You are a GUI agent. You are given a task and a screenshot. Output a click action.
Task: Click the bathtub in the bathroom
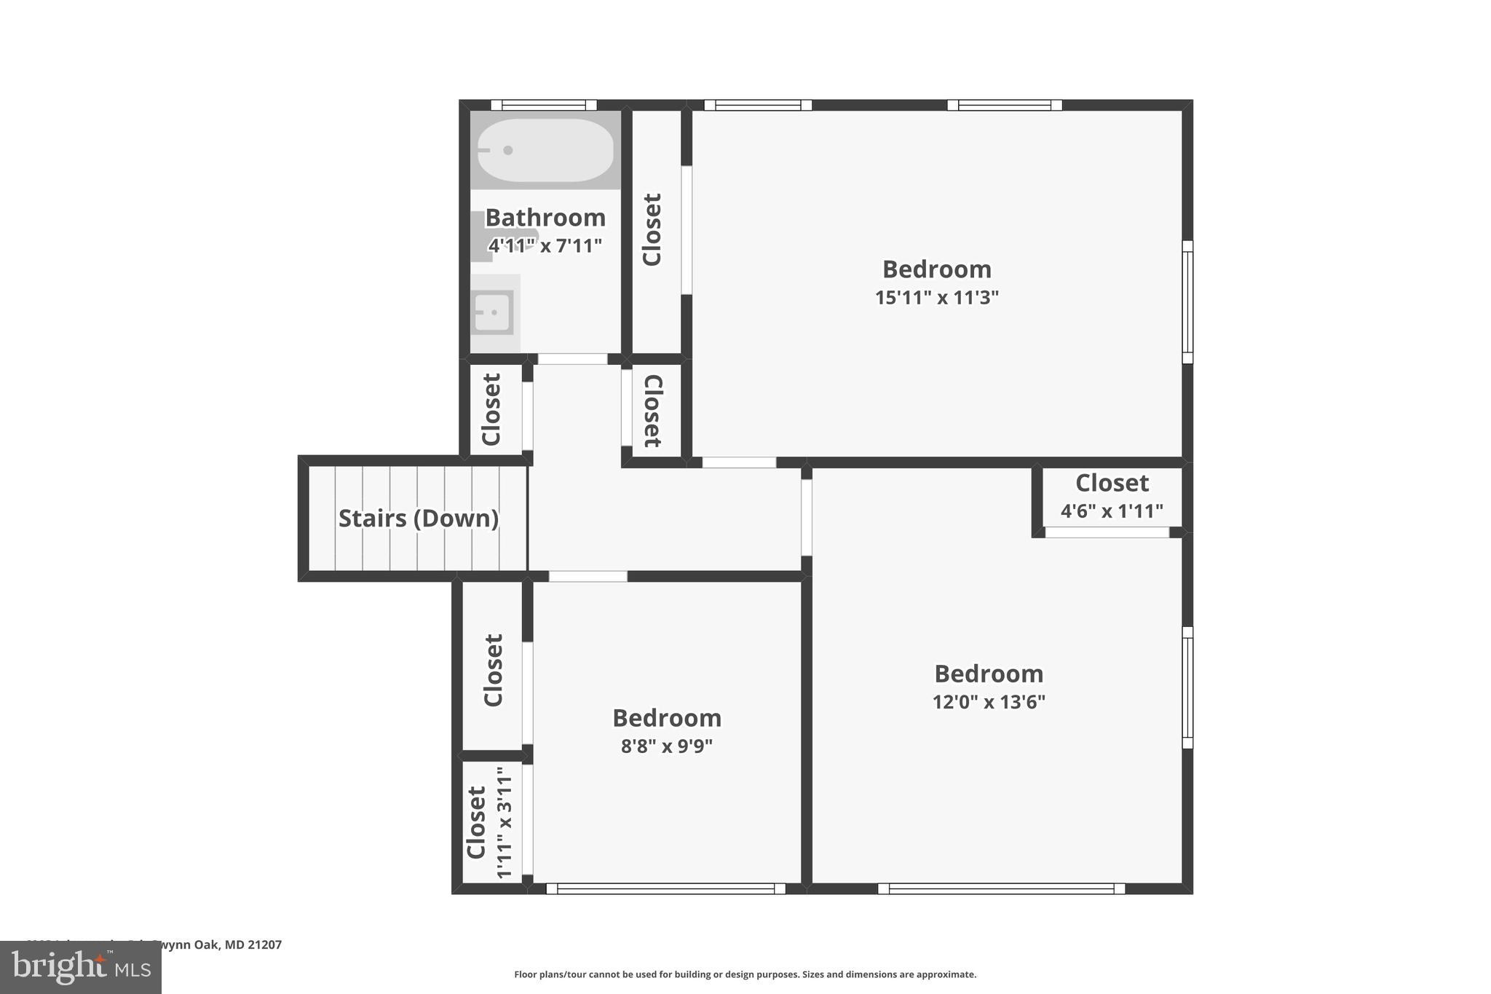(545, 150)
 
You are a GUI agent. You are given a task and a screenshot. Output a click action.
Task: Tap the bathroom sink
(494, 312)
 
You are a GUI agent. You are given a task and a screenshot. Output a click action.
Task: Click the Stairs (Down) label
(419, 518)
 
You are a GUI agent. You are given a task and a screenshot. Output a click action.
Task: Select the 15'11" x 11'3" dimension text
(936, 298)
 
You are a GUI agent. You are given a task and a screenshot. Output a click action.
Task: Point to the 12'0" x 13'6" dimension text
(989, 702)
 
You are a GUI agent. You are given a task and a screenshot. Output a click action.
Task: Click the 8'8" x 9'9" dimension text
(666, 746)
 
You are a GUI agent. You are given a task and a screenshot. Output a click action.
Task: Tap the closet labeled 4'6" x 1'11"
(1112, 497)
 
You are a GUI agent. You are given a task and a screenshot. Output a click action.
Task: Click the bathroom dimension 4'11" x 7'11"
(545, 245)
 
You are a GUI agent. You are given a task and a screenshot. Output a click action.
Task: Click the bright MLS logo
(80, 967)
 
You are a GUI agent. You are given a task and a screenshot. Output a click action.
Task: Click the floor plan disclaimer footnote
(745, 974)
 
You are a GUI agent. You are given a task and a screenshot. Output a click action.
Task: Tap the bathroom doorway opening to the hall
(572, 359)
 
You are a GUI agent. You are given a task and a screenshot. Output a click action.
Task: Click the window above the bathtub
(544, 105)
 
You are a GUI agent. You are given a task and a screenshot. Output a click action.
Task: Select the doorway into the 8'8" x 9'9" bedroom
(588, 577)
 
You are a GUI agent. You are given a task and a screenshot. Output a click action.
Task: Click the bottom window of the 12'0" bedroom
(1001, 888)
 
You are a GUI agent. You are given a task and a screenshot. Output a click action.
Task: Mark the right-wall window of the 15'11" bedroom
(1187, 301)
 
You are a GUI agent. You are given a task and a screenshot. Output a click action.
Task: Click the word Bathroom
(545, 218)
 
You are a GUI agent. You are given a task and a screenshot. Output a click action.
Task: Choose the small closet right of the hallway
(652, 411)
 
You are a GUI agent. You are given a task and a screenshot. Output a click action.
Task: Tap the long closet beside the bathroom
(653, 230)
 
